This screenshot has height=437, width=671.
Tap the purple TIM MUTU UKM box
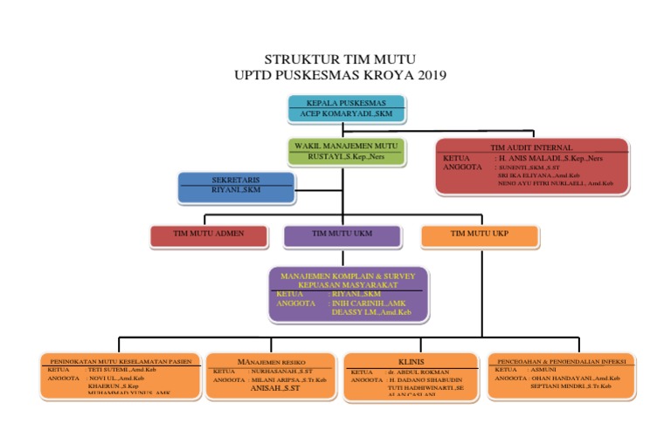(x=342, y=234)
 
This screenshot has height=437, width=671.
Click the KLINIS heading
(x=411, y=360)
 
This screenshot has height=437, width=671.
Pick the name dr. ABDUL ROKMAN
(x=419, y=371)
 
